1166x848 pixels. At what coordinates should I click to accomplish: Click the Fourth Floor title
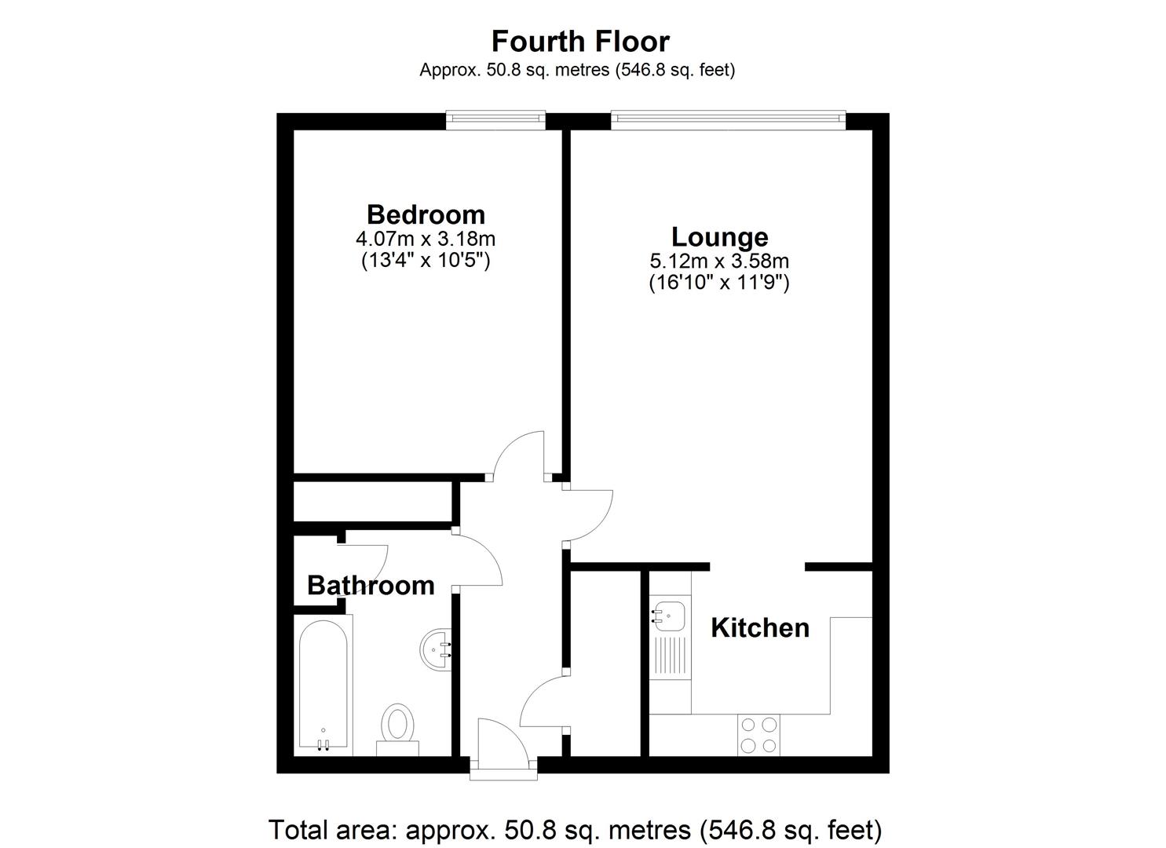pyautogui.click(x=580, y=41)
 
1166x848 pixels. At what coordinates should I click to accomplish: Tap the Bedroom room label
pyautogui.click(x=426, y=214)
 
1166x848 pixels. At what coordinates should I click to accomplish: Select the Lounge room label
pyautogui.click(x=719, y=236)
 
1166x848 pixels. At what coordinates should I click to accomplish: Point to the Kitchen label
pyautogui.click(x=759, y=627)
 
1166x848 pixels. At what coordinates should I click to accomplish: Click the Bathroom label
pyautogui.click(x=371, y=585)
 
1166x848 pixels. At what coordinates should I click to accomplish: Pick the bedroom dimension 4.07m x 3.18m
pyautogui.click(x=426, y=238)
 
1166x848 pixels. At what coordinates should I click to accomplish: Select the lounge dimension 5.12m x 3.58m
pyautogui.click(x=719, y=260)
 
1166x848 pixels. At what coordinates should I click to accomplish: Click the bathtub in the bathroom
pyautogui.click(x=323, y=683)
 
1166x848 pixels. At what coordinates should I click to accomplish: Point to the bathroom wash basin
pyautogui.click(x=436, y=649)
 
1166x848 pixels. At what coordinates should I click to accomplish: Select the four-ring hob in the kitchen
pyautogui.click(x=758, y=735)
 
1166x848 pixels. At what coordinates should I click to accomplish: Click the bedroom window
pyautogui.click(x=495, y=119)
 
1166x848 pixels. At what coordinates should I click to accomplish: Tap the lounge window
pyautogui.click(x=728, y=119)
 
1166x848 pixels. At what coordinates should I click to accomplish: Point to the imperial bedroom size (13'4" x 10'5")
pyautogui.click(x=426, y=260)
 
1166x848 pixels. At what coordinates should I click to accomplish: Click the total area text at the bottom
pyautogui.click(x=575, y=829)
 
